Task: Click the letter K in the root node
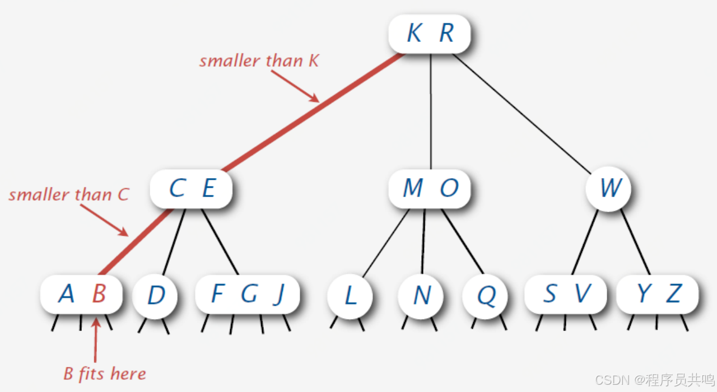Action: point(414,34)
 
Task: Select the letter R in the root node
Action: point(446,34)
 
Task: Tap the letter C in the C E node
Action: point(176,188)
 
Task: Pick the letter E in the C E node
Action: point(208,188)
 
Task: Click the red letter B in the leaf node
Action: point(99,293)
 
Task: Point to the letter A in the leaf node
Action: point(66,293)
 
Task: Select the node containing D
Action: point(155,295)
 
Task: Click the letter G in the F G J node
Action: point(249,293)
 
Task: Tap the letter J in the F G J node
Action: point(278,295)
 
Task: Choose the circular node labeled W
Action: point(609,188)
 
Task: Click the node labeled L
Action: point(350,295)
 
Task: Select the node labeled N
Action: point(421,295)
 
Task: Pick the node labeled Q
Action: point(486,295)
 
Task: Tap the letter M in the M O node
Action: point(413,188)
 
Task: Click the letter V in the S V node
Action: point(583,293)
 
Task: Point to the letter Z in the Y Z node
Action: point(674,293)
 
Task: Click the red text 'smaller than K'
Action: point(259,60)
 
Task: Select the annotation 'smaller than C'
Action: point(68,195)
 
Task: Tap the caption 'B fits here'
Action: point(105,374)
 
